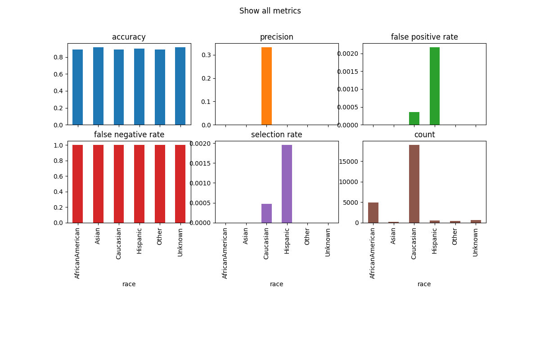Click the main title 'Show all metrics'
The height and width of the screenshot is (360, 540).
pos(270,11)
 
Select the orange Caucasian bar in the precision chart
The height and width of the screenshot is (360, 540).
pos(266,86)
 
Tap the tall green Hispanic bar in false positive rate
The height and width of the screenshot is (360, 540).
pos(435,86)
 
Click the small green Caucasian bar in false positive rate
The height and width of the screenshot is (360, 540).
pos(414,119)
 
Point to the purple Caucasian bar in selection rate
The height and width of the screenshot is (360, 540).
pos(266,213)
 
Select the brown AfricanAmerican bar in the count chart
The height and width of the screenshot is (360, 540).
pos(373,213)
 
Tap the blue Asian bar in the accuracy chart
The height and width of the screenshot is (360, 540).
pos(98,86)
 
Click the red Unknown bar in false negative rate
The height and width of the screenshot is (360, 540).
pos(180,184)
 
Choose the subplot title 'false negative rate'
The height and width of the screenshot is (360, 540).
pos(129,135)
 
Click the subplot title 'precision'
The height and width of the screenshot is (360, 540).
pos(277,37)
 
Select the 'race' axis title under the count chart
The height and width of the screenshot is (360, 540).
pos(424,284)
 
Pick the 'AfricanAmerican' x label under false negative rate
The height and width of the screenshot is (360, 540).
pos(77,253)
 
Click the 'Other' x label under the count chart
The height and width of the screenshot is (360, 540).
pos(455,236)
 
